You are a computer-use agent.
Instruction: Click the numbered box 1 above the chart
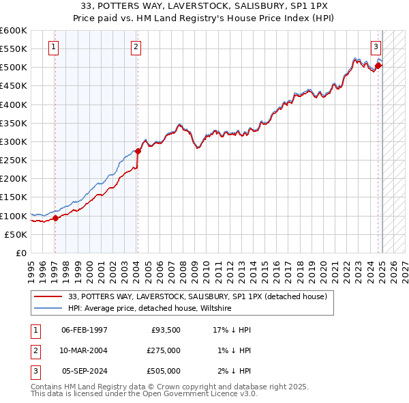tap(53, 47)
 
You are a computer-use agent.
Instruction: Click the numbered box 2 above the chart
tap(136, 47)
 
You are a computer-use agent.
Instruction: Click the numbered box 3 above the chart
tap(376, 47)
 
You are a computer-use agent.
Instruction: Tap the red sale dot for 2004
tap(137, 151)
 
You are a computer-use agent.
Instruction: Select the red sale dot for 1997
tap(55, 218)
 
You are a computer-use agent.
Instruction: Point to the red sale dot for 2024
tap(378, 66)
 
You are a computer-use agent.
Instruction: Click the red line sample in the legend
tap(48, 296)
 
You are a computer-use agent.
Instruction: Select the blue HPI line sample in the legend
tap(48, 308)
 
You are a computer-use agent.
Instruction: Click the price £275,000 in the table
tap(164, 350)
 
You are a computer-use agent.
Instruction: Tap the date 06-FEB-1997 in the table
tap(85, 330)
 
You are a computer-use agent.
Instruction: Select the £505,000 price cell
tap(164, 371)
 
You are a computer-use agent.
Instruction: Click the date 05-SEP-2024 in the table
tap(85, 371)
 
